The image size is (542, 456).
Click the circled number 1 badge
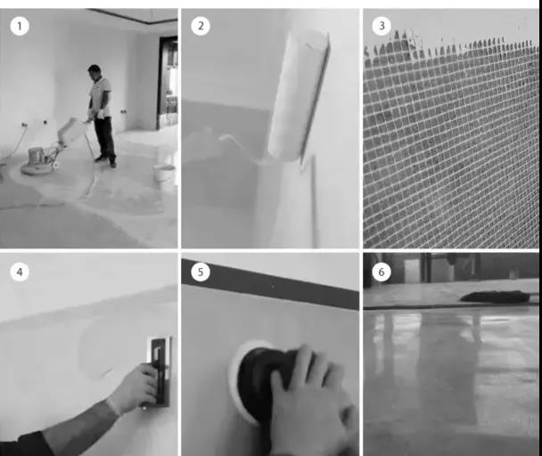coord(20,26)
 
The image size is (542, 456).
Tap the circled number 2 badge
coord(201,26)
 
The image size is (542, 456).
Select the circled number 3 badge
coord(382,26)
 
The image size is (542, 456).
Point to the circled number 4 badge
coord(20,273)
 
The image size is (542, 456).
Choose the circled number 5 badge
coord(201,272)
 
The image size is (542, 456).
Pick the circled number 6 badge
coord(382,272)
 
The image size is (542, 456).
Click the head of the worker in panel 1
coord(94,72)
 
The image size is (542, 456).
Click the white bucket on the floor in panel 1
coord(164,173)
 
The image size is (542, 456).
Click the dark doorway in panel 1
coord(168,83)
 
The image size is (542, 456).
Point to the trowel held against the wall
coord(160,371)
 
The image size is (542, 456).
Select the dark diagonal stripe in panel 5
coord(270,284)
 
